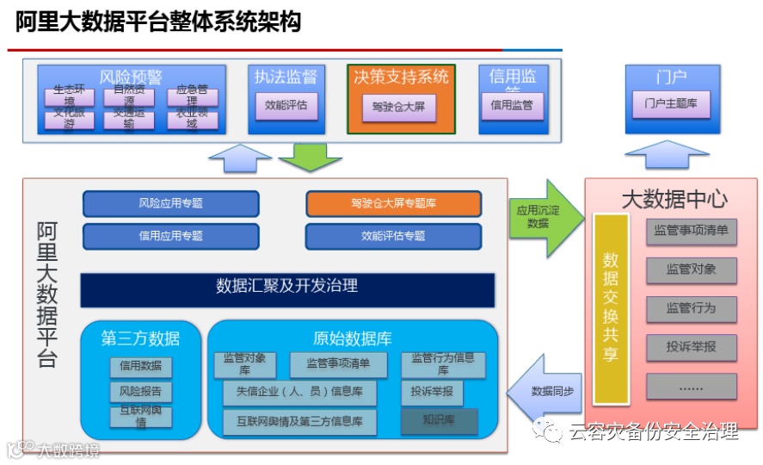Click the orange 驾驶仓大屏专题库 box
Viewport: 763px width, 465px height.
(392, 203)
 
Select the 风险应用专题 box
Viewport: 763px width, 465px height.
(170, 203)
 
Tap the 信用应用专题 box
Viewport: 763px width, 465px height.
(170, 235)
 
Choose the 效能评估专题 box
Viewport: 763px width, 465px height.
(392, 235)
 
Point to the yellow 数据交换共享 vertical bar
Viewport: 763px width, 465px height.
(611, 307)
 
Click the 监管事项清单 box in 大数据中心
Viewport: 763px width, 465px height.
(691, 231)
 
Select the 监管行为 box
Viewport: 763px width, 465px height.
(691, 307)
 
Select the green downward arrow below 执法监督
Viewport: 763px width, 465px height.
(310, 156)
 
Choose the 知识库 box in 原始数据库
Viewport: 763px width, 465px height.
(439, 421)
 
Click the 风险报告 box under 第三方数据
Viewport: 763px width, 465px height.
(140, 392)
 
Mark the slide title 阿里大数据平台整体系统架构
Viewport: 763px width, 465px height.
(158, 22)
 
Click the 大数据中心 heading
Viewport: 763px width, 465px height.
(674, 199)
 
